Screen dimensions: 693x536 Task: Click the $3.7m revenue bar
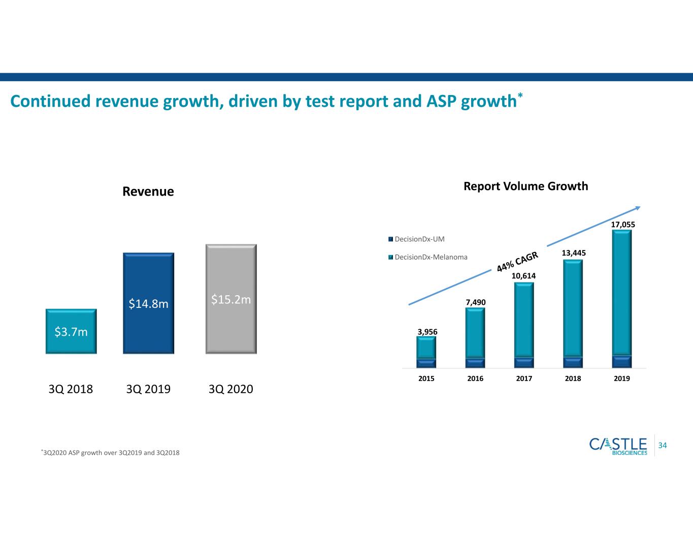point(71,331)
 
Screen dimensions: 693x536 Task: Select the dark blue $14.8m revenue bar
point(149,303)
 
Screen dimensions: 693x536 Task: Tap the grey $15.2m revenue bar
point(231,299)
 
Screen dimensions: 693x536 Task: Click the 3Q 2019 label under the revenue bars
point(148,389)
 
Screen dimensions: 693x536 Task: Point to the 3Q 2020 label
point(231,389)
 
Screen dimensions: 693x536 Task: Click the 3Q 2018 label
point(71,389)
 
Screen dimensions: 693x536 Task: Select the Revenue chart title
point(148,192)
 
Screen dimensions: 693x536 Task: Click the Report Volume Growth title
point(526,186)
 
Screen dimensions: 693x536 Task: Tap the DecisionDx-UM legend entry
point(416,239)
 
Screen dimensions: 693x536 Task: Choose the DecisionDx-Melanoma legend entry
point(428,257)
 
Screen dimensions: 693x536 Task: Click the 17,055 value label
point(623,225)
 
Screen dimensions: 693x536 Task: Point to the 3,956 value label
point(427,332)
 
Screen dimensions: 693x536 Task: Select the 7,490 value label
point(476,302)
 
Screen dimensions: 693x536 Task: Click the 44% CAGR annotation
point(517,261)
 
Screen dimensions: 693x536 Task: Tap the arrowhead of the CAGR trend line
point(638,208)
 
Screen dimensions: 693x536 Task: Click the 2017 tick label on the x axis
point(524,379)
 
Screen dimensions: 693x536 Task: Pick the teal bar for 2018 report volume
point(573,308)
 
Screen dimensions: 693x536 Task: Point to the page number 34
point(663,446)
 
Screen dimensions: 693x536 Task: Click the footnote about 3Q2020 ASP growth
point(110,453)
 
